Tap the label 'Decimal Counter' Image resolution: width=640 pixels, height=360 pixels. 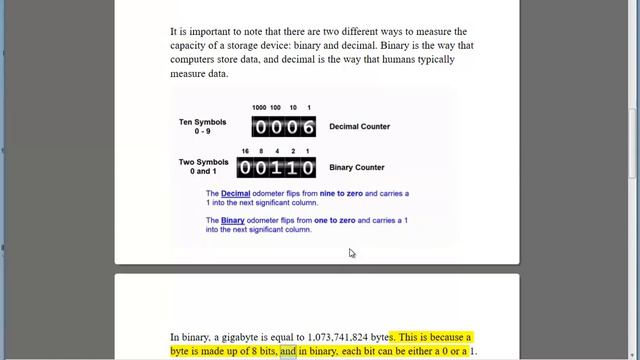tap(359, 127)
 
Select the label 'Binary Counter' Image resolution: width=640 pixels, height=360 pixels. tap(357, 168)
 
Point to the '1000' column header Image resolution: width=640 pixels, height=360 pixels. tap(259, 107)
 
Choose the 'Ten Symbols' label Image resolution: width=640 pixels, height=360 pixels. tap(202, 122)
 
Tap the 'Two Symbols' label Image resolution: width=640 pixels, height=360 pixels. tap(202, 162)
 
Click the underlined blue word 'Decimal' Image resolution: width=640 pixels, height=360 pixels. tap(236, 193)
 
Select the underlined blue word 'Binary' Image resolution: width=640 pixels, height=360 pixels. tap(233, 220)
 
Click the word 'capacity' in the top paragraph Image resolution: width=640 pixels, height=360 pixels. tap(189, 45)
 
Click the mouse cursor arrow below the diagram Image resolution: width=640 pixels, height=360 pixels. tap(351, 253)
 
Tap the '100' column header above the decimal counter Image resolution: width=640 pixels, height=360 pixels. tap(276, 107)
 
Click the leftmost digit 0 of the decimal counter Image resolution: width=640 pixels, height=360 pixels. tap(260, 127)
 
